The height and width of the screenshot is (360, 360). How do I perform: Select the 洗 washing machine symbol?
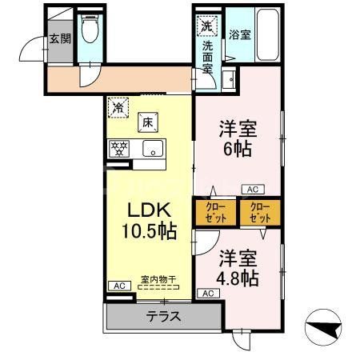tap(206, 25)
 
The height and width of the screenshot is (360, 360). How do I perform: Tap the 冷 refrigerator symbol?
tap(118, 104)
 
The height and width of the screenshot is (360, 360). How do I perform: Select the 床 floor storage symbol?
tap(147, 123)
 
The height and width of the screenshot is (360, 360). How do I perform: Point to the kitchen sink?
tap(152, 149)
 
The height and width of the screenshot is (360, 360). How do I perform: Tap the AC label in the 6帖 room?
tap(251, 190)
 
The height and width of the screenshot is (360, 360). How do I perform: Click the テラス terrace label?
tap(162, 317)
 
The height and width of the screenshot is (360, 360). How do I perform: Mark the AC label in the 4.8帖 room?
tap(208, 294)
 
